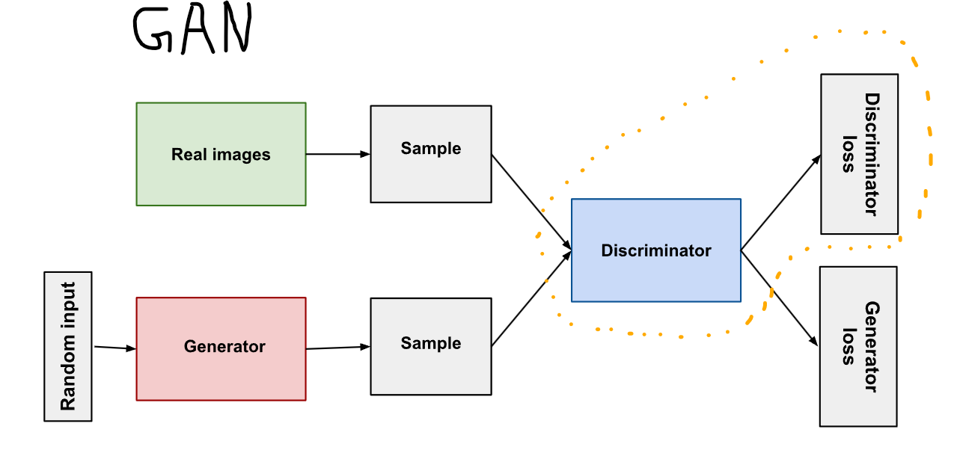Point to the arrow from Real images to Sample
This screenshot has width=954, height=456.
[x=337, y=154]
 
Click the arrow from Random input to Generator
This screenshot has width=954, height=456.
[x=114, y=348]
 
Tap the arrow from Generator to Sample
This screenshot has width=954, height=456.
[x=337, y=348]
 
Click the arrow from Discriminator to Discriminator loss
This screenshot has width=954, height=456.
[x=780, y=203]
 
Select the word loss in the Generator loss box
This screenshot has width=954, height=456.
[x=848, y=346]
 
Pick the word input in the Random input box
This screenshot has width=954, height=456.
[x=68, y=306]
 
